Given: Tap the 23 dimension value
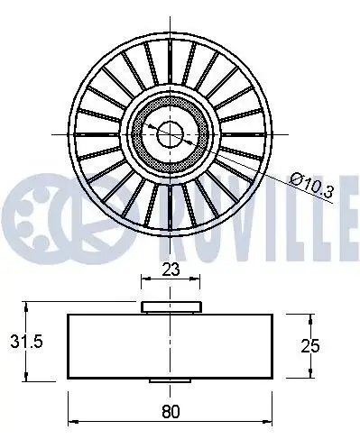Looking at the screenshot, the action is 171,270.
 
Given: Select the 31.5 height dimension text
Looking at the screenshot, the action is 26,342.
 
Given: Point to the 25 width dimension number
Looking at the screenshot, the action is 310,346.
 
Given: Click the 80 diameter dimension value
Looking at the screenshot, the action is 171,411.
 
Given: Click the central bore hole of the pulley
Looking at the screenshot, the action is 170,134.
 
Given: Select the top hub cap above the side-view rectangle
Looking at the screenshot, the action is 171,307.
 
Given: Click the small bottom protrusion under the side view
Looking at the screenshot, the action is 171,380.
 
